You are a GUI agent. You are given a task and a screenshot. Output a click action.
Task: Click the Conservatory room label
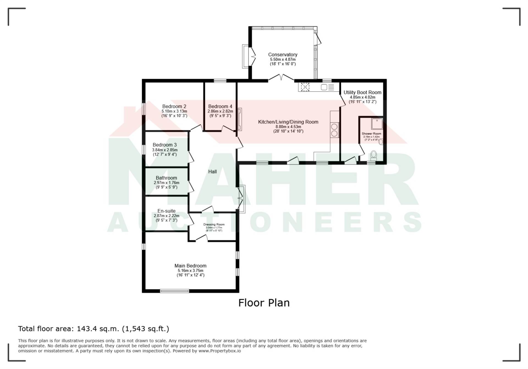(283, 55)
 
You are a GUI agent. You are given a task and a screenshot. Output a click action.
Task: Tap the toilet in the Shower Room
(373, 155)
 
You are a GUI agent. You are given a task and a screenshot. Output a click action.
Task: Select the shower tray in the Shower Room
(377, 124)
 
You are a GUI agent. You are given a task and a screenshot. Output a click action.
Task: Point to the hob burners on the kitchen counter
(334, 130)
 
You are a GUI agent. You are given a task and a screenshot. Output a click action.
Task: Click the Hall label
(212, 172)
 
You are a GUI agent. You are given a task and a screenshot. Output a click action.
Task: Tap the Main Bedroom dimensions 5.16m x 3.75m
(191, 271)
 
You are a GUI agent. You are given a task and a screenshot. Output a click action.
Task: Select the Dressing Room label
(214, 224)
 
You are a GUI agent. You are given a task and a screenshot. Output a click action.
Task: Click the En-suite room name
(166, 211)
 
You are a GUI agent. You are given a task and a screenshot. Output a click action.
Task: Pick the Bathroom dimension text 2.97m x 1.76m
(166, 183)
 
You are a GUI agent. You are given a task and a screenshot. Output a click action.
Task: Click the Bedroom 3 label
(165, 145)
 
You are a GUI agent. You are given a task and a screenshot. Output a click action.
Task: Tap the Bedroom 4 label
(220, 106)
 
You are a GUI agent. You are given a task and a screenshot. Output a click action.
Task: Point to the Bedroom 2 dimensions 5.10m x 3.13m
(174, 111)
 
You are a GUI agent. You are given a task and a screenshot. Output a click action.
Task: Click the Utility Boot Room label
(362, 93)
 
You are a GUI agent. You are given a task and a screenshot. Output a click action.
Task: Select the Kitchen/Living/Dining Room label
(288, 122)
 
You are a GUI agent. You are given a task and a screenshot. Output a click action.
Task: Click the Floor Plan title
(264, 303)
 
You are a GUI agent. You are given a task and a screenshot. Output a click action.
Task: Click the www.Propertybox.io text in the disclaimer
(220, 351)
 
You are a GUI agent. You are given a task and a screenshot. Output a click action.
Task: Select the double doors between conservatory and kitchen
(281, 78)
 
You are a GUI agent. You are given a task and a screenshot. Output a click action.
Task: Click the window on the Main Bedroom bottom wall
(175, 291)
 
